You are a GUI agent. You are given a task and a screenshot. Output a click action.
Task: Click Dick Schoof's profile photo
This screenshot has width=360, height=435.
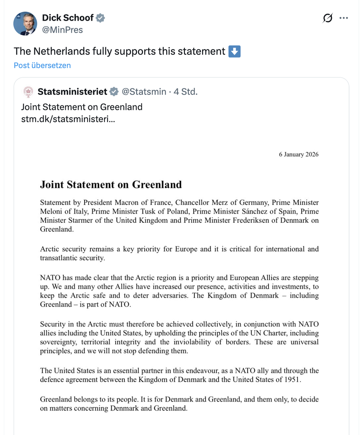(25, 24)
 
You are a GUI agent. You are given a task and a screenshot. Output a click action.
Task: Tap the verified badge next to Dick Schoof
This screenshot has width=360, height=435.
(100, 18)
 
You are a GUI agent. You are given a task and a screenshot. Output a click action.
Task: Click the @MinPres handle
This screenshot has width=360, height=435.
(62, 30)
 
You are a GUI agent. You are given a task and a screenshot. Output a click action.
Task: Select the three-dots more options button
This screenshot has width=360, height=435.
(344, 18)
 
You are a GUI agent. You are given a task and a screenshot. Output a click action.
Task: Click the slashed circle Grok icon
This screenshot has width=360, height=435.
(327, 18)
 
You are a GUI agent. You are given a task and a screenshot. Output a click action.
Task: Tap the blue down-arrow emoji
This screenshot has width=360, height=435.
(234, 51)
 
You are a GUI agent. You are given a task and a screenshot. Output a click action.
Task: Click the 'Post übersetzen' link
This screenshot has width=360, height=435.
(42, 66)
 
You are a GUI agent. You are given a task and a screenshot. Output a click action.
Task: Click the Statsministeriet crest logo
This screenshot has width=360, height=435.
(28, 92)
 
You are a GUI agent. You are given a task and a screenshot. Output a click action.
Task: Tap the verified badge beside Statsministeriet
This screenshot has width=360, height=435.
(114, 92)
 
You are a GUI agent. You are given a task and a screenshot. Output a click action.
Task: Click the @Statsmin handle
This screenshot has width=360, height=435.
(144, 92)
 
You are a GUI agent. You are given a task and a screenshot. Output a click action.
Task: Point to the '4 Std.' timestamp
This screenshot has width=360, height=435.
(186, 92)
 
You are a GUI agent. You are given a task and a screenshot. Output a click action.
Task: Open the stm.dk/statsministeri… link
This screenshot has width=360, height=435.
(68, 119)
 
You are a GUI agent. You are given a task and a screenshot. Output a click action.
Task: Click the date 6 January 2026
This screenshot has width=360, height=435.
(299, 154)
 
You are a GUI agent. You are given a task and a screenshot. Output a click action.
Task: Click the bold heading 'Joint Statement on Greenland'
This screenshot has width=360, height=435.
(111, 185)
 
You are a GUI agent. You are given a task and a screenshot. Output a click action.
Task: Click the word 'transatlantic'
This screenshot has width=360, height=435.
(59, 258)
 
